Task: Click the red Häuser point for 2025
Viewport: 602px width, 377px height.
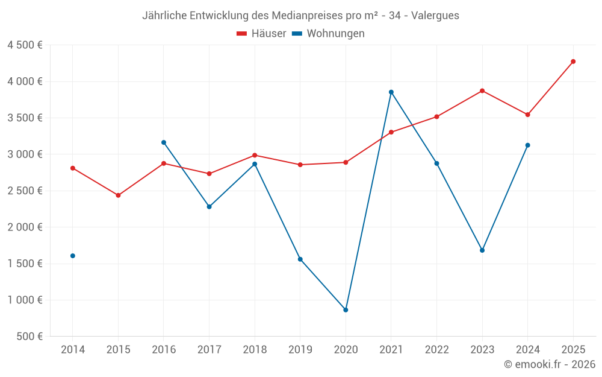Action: [x=573, y=62]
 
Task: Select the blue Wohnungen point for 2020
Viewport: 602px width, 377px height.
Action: [x=346, y=310]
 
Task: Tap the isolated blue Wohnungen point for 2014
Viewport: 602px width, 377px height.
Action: [x=73, y=256]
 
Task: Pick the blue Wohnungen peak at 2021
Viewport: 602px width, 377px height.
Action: [x=391, y=92]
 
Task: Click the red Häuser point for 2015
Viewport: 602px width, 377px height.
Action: [x=118, y=195]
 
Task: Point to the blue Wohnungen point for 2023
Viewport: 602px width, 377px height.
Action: [x=482, y=250]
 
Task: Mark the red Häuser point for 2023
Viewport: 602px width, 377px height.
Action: [x=482, y=91]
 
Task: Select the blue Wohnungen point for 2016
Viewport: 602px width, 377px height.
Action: [x=164, y=142]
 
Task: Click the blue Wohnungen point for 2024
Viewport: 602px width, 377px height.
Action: [x=528, y=145]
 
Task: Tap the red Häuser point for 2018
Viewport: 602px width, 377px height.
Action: [x=255, y=156]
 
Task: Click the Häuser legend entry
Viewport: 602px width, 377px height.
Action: [x=262, y=34]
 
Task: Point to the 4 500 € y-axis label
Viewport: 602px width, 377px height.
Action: [x=25, y=45]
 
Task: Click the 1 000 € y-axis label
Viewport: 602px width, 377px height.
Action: [x=25, y=300]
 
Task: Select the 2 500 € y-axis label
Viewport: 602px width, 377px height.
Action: [x=25, y=191]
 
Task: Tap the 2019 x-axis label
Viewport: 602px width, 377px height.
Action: [x=300, y=350]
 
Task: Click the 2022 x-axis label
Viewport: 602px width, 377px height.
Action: [x=437, y=350]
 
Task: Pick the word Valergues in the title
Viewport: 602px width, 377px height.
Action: [x=436, y=16]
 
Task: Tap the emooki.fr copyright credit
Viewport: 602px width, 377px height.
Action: [x=550, y=364]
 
